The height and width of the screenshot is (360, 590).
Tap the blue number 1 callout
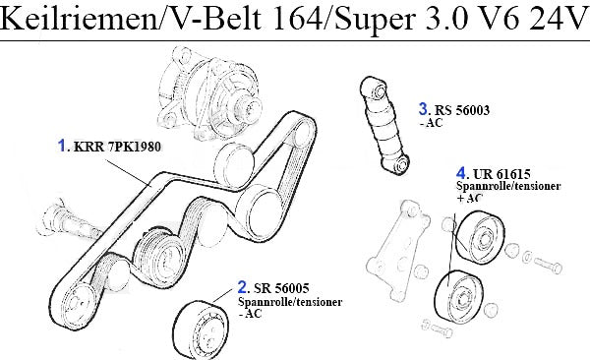pos(62,146)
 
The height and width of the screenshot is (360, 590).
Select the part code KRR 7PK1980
pos(117,147)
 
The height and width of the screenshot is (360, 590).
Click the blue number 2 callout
pos(243,287)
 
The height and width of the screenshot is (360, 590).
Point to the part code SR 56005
pos(281,288)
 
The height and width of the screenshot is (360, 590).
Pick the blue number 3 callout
pos(423,109)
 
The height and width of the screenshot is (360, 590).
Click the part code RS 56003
pos(462,110)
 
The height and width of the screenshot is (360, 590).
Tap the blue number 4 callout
pos(461,173)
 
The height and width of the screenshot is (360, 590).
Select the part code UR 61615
pos(501,174)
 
